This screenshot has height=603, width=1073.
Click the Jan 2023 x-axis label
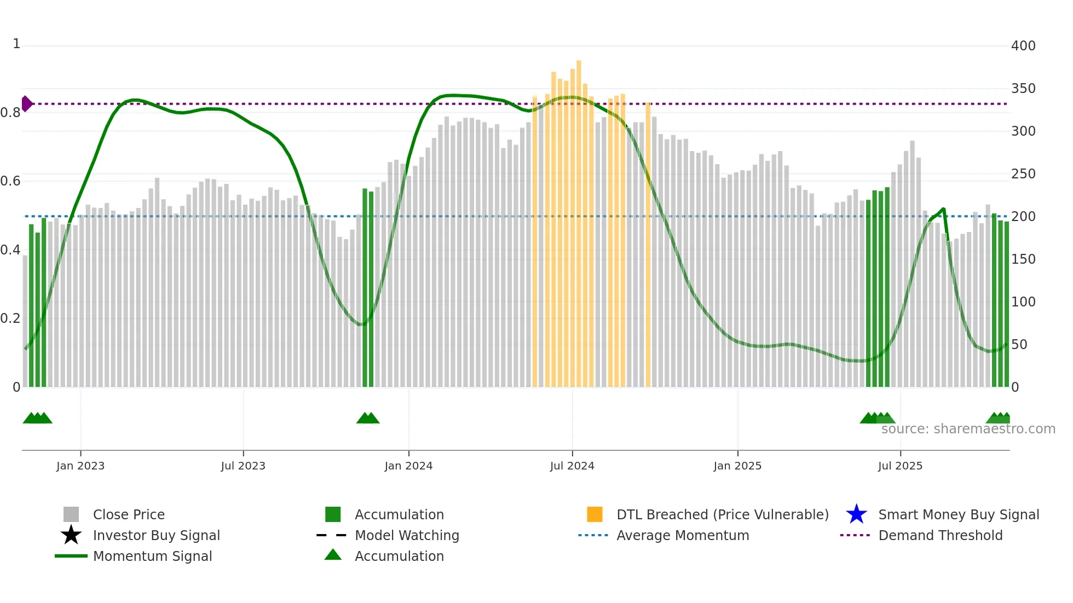click(x=80, y=466)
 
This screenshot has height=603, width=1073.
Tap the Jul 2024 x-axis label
click(x=572, y=466)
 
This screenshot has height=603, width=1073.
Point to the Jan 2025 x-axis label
click(x=737, y=466)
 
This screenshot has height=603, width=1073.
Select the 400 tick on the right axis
click(x=1023, y=46)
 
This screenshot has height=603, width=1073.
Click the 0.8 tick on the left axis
click(x=10, y=113)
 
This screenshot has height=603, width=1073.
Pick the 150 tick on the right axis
click(x=1023, y=259)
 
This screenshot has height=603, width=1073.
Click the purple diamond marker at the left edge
click(x=26, y=103)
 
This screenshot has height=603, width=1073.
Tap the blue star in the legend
click(x=856, y=514)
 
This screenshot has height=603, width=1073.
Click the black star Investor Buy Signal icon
click(x=71, y=535)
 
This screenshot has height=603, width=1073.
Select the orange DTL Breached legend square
click(x=595, y=514)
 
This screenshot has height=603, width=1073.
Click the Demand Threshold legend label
click(x=940, y=535)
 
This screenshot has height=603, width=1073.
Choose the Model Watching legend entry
click(x=406, y=535)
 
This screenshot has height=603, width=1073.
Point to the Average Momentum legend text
click(x=682, y=535)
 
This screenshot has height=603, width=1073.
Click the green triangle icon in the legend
click(x=333, y=555)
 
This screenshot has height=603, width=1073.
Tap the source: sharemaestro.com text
click(x=968, y=429)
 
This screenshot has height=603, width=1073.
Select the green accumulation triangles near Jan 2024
click(x=368, y=418)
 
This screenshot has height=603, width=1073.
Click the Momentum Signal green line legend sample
click(x=71, y=556)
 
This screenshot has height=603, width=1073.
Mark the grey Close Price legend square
click(x=71, y=514)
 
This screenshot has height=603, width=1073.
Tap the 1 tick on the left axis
click(x=16, y=44)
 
